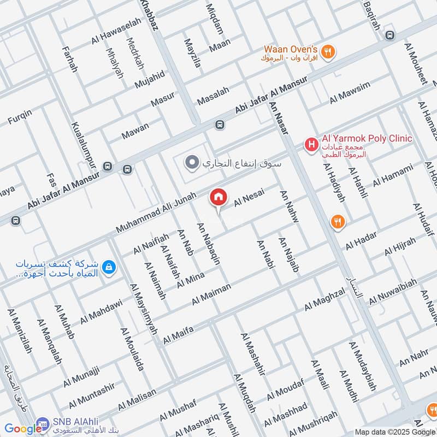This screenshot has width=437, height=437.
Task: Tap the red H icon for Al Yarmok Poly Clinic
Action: [311, 145]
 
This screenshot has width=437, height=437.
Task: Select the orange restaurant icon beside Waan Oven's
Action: [328, 52]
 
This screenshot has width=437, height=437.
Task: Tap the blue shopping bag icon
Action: [109, 267]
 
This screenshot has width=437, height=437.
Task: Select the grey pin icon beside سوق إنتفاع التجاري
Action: [191, 163]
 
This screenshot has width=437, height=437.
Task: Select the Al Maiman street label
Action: [211, 294]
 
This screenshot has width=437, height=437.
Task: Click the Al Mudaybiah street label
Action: [363, 367]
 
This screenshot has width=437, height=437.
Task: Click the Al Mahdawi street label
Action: [100, 311]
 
